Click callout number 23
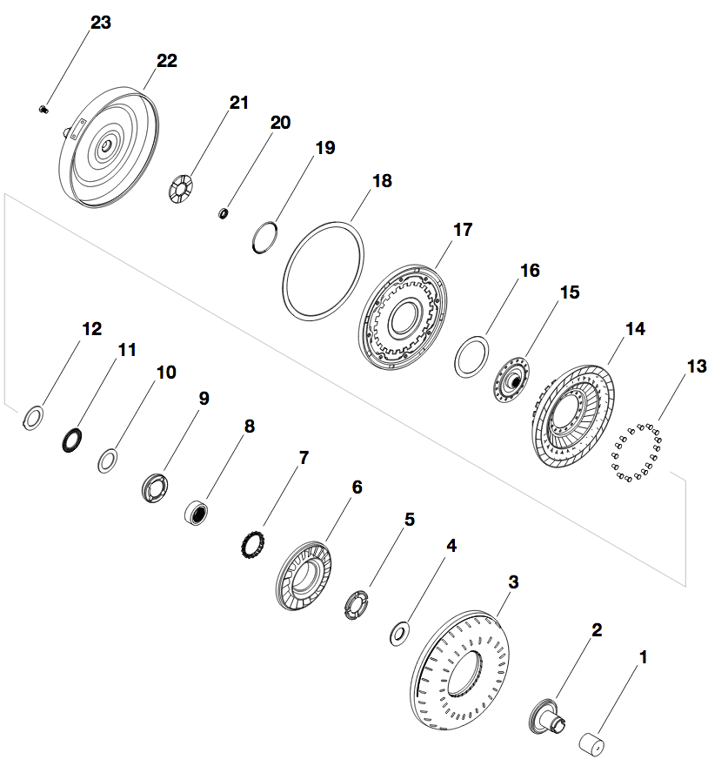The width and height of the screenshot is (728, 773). tap(101, 23)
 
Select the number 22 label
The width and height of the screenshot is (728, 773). tap(166, 61)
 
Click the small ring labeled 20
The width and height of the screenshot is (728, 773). tap(224, 212)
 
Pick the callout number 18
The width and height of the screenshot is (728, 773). tap(382, 181)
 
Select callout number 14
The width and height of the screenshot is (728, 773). tap(635, 329)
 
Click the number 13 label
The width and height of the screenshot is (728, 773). tap(697, 367)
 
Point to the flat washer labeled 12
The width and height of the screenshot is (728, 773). tap(33, 417)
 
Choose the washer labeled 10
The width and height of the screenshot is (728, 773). tap(108, 459)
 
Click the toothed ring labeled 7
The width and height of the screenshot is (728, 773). tap(252, 545)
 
